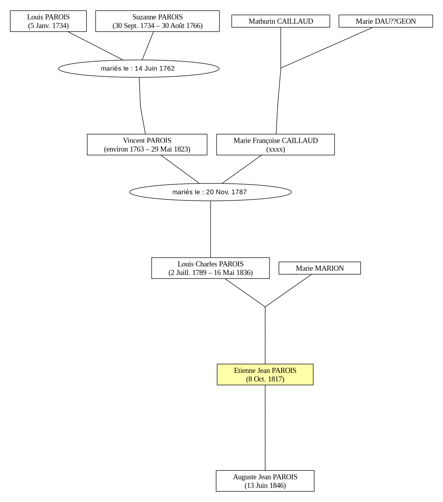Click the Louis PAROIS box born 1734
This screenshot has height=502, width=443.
point(48,21)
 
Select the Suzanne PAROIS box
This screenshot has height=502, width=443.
point(157,21)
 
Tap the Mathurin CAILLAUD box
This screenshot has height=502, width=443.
point(280,21)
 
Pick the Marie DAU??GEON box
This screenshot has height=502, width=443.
point(386,21)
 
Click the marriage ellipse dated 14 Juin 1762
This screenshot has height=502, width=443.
point(139,69)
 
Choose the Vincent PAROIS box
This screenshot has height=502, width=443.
point(147,145)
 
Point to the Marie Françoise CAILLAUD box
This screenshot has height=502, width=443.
point(275,145)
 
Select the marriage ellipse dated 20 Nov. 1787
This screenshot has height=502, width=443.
point(210,192)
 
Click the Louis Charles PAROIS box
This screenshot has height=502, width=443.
point(210,268)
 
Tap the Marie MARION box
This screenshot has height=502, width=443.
point(320,268)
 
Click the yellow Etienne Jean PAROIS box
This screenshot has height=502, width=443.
point(265,374)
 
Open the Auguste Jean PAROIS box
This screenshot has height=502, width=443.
point(265,481)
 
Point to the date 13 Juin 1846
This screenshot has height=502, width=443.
point(265,485)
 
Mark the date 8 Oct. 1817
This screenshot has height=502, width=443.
point(265,379)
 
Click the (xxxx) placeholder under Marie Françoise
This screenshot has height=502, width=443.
point(276,149)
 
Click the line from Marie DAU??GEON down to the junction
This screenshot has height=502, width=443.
point(326,48)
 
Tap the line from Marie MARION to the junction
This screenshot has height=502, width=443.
point(288,291)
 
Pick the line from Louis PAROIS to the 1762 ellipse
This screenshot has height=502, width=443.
point(96,46)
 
